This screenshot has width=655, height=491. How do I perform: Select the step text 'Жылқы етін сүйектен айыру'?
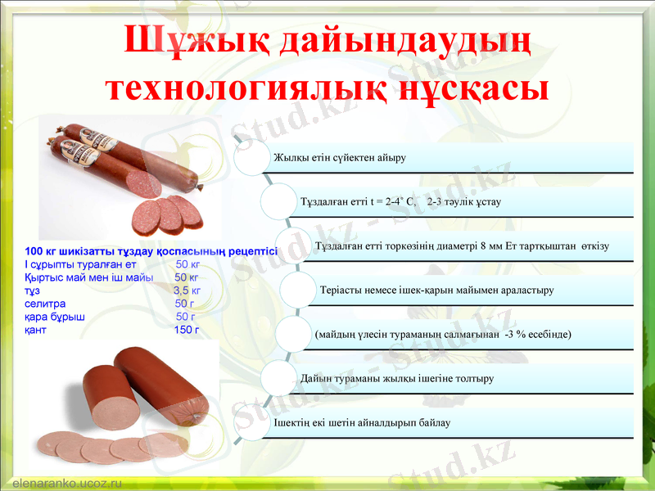[340, 157]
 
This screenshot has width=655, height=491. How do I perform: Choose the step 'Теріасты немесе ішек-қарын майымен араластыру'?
[437, 290]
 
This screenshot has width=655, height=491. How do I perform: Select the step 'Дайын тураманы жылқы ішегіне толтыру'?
[397, 379]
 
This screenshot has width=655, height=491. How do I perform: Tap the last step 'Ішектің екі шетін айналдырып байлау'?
[362, 422]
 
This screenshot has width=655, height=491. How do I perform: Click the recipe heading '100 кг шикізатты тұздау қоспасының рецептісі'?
[151, 251]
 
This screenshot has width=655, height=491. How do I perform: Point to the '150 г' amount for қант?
[187, 330]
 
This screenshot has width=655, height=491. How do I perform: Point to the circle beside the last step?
[253, 421]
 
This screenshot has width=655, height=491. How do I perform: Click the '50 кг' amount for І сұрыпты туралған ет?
[187, 264]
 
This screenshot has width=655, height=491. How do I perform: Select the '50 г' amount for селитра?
[186, 304]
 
